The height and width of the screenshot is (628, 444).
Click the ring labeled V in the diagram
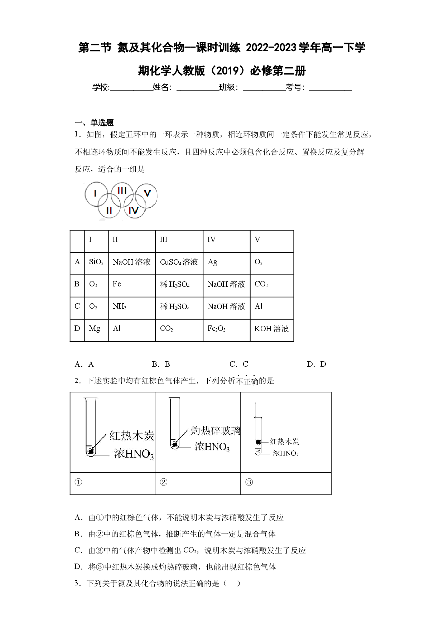click(157, 196)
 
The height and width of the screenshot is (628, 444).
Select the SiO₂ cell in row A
click(96, 262)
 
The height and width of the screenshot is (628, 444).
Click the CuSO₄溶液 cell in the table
click(179, 262)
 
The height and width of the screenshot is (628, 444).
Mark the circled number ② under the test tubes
click(163, 482)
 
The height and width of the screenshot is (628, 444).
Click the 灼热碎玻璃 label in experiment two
click(216, 430)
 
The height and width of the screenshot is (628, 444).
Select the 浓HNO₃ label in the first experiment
click(134, 454)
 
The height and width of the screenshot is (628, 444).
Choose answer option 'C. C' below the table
click(239, 364)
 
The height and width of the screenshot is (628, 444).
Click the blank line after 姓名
click(198, 91)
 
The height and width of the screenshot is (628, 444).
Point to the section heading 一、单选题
click(94, 123)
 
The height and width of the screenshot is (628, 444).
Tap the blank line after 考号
click(330, 91)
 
